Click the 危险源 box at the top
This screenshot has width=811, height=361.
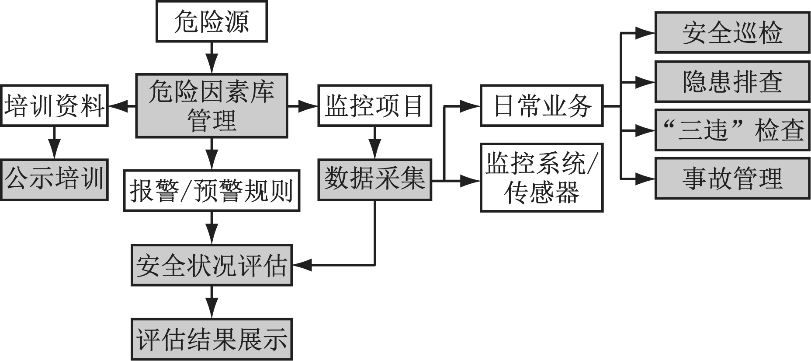click(x=211, y=22)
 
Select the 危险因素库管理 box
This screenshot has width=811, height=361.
click(x=211, y=106)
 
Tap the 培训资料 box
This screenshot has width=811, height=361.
click(x=54, y=106)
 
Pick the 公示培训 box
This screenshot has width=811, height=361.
click(x=54, y=179)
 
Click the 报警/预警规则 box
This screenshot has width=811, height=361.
click(x=211, y=190)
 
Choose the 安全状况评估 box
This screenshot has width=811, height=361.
click(x=211, y=265)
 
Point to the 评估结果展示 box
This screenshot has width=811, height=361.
click(x=211, y=339)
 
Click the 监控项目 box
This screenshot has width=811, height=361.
click(x=374, y=106)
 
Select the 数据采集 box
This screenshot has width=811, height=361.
click(x=374, y=179)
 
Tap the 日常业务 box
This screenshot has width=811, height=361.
click(x=541, y=106)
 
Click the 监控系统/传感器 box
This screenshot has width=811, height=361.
click(x=541, y=178)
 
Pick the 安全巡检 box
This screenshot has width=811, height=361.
click(x=732, y=33)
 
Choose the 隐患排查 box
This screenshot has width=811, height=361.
click(x=732, y=82)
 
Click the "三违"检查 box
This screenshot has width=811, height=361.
click(x=732, y=130)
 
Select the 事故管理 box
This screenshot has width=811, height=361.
click(x=732, y=179)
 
